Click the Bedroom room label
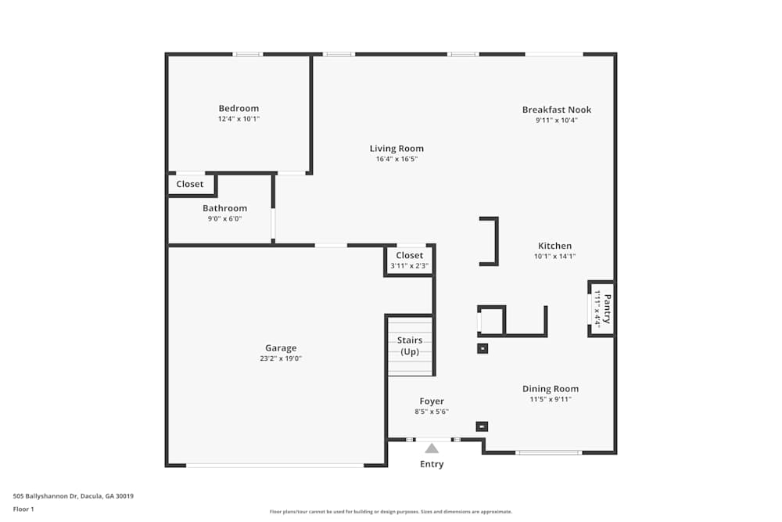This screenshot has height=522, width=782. click(239, 108)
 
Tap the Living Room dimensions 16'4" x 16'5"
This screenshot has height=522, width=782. click(396, 159)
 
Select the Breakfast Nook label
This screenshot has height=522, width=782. click(557, 110)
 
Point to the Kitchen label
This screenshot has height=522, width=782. click(554, 246)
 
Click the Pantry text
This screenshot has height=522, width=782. click(607, 309)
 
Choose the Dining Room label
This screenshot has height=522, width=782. click(551, 389)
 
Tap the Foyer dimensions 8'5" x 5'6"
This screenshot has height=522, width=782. click(432, 412)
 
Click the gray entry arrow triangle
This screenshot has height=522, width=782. click(432, 448)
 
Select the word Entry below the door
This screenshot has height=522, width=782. click(432, 464)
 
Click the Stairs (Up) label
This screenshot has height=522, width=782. click(410, 346)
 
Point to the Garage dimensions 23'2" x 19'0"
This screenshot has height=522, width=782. click(281, 358)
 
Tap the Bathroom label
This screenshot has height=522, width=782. click(225, 208)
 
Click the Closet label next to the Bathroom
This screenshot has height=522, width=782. click(190, 184)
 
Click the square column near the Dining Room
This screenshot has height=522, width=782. click(482, 348)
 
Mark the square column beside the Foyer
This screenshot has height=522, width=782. click(482, 427)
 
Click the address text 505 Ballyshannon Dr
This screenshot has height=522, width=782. click(45, 496)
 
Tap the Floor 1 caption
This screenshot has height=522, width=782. click(23, 509)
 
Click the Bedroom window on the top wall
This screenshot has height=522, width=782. click(248, 54)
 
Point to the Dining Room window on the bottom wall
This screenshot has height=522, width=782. click(549, 452)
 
